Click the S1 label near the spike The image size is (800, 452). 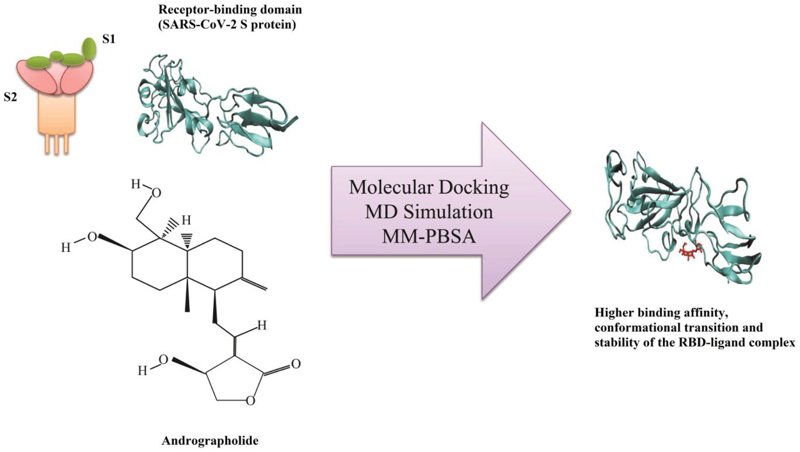pyautogui.click(x=109, y=39)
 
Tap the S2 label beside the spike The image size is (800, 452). pyautogui.click(x=10, y=97)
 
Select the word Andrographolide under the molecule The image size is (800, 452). pyautogui.click(x=210, y=441)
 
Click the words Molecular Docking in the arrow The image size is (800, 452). pyautogui.click(x=429, y=188)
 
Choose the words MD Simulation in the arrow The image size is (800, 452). pyautogui.click(x=429, y=212)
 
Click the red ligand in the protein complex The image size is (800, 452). pyautogui.click(x=691, y=251)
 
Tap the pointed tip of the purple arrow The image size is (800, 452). pyautogui.click(x=570, y=210)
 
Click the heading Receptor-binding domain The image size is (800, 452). pyautogui.click(x=230, y=10)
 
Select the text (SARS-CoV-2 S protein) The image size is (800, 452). pyautogui.click(x=227, y=26)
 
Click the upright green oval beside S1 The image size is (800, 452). pyautogui.click(x=90, y=48)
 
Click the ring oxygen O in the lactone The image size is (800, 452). pyautogui.click(x=251, y=401)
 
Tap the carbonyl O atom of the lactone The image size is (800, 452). pyautogui.click(x=296, y=364)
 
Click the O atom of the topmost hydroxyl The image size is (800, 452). pyautogui.click(x=156, y=193)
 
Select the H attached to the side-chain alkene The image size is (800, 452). pyautogui.click(x=262, y=325)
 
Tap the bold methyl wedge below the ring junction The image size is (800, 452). pyautogui.click(x=187, y=295)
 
